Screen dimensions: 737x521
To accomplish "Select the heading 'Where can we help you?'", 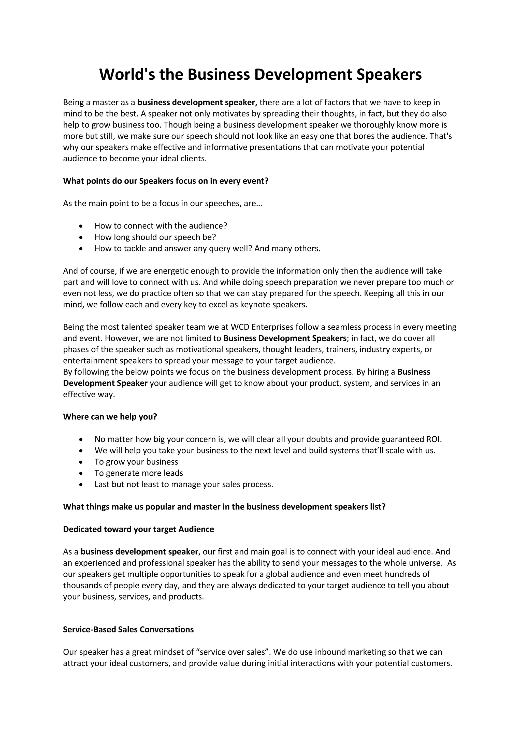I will (110, 417).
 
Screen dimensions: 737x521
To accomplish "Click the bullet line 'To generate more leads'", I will (139, 473).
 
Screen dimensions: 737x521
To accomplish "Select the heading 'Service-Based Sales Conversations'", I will (128, 629).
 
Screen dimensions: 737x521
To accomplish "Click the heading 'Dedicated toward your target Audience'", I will (138, 529).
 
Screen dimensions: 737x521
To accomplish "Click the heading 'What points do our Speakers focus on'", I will (166, 181).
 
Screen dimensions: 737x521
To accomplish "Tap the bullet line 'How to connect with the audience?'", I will (161, 226).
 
